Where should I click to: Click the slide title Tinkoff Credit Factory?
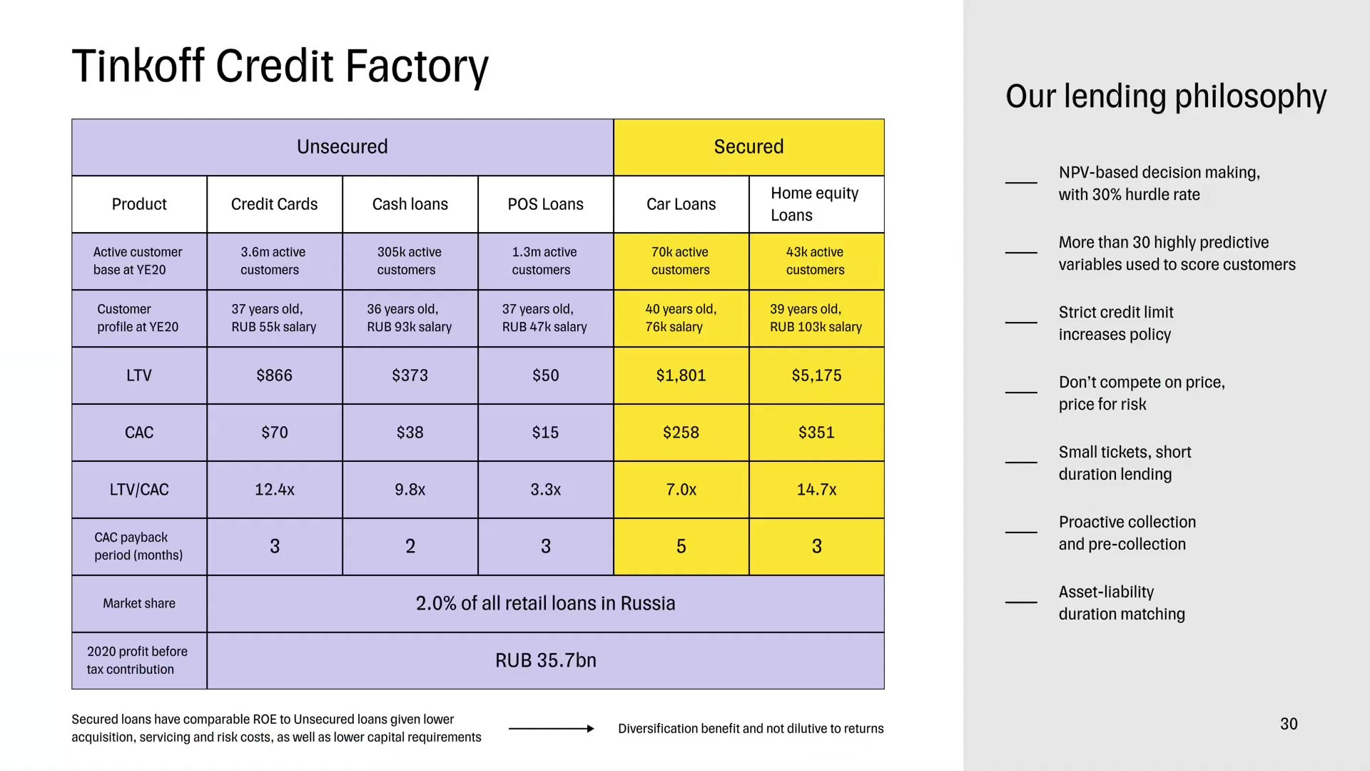(280, 66)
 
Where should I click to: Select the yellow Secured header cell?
(749, 147)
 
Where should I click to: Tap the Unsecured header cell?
(342, 147)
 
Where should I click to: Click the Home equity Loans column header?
(815, 204)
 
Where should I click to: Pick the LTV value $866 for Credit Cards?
(275, 376)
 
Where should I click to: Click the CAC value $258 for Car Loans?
(681, 433)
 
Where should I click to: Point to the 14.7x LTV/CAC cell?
(816, 490)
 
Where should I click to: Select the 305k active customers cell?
(410, 261)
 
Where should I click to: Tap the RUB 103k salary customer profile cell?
(816, 318)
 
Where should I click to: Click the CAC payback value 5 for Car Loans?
(681, 547)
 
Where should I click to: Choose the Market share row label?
(139, 604)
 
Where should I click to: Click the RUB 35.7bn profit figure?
(546, 661)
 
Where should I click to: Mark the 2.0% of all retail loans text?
(545, 604)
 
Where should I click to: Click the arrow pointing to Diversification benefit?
(551, 729)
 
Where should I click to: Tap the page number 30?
(1289, 724)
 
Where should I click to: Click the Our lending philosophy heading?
(1166, 96)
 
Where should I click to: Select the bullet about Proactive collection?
(1127, 533)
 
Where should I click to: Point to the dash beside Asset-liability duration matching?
(1021, 603)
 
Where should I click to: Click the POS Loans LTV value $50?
(546, 376)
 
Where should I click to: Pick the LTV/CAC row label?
(139, 490)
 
